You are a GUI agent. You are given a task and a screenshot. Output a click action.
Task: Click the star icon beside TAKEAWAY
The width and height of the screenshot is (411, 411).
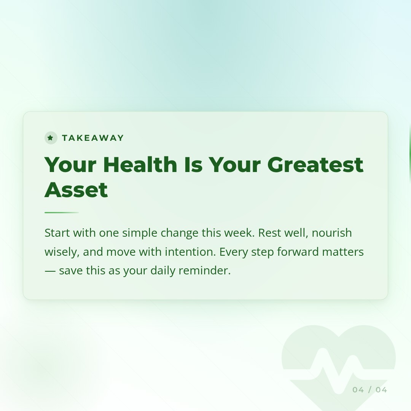[x=51, y=138]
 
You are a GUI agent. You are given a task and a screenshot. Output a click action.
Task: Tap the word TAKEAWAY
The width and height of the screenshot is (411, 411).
[x=93, y=138]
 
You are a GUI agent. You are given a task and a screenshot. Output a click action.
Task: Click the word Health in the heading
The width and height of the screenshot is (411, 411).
[x=140, y=164]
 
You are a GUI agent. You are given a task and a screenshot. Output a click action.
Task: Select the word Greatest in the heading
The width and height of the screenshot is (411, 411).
[x=315, y=164]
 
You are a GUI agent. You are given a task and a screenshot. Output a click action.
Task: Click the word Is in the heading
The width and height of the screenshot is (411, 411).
[x=193, y=164]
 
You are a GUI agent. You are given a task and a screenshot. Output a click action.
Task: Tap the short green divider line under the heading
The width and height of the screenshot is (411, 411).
[x=61, y=212]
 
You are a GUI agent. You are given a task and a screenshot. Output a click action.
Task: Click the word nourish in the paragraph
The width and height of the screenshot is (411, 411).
[x=331, y=233]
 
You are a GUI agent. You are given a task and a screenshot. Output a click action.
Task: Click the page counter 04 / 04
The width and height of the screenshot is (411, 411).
[x=370, y=390]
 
